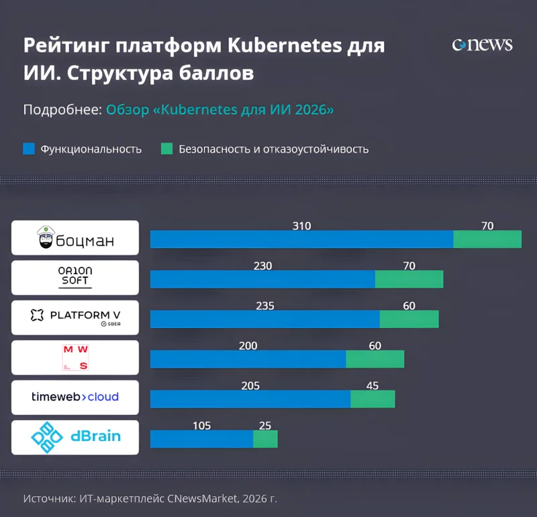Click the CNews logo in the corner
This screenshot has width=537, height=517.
(482, 45)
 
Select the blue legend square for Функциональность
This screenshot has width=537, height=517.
(28, 149)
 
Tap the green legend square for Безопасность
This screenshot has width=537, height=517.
(166, 149)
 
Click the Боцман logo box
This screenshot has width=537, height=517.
(75, 238)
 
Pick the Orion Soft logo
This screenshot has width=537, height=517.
(75, 278)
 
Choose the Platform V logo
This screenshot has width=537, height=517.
(75, 317)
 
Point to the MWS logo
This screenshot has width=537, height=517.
(75, 357)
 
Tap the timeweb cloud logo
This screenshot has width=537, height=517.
(75, 397)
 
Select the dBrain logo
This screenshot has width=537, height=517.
(75, 437)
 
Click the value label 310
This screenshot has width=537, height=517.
(301, 226)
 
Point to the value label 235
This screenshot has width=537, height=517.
(265, 306)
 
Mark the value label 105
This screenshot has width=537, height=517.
(201, 426)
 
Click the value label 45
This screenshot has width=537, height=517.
(373, 386)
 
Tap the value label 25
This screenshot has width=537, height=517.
(265, 426)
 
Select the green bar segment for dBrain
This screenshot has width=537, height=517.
(265, 439)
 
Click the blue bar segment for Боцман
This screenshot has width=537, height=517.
(301, 239)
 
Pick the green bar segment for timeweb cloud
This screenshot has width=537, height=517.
(373, 399)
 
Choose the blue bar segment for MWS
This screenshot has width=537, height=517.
(248, 359)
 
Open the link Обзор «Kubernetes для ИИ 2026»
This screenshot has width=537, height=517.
(219, 110)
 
